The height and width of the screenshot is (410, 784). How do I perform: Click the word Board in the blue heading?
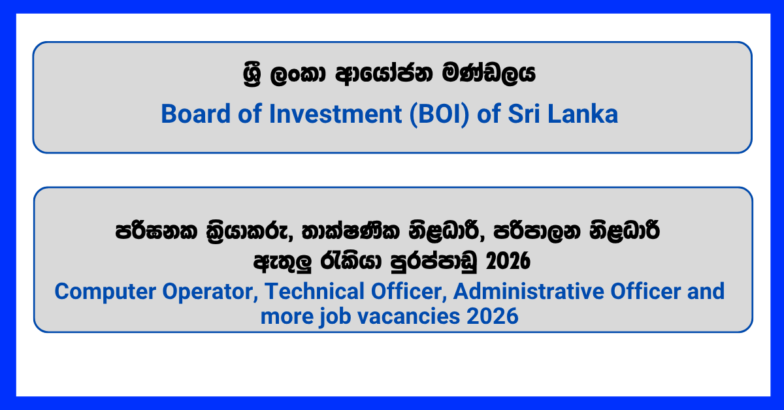coord(195,114)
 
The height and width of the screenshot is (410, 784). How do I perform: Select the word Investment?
coord(335,114)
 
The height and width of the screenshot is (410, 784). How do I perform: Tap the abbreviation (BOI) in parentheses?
coord(439,115)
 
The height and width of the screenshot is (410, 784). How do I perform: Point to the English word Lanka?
coord(583,114)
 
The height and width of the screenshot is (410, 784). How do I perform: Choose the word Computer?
coord(105,292)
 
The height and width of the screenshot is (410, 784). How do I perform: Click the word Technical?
coord(314,291)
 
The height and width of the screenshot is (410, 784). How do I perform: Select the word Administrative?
coord(529,291)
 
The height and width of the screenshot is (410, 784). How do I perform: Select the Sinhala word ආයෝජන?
coord(384,74)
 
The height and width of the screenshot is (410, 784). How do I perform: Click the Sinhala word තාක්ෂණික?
coord(350,231)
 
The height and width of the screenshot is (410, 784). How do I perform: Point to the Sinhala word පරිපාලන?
coord(537,231)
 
